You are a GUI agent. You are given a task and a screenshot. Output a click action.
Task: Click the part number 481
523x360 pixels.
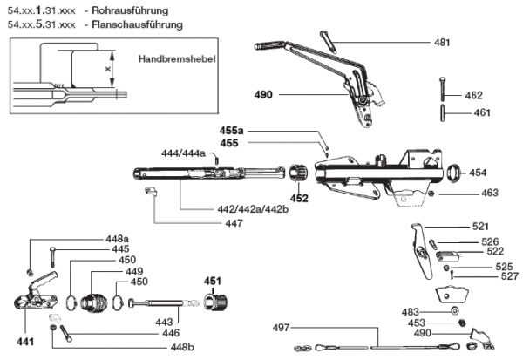[442, 43]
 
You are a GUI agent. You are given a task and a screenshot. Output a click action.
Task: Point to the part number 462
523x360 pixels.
[473, 94]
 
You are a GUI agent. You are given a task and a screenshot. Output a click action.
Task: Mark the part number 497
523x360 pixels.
[281, 328]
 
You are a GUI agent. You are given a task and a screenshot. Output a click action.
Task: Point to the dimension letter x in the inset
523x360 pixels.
[108, 68]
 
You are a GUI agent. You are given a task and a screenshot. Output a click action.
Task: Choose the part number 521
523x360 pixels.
[480, 227]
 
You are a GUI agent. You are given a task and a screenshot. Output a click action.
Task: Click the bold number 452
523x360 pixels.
[299, 198]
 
